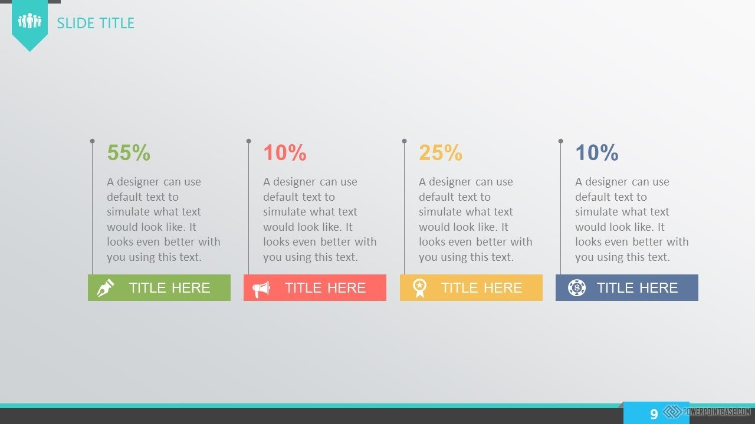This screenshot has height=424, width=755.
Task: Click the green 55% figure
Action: [129, 153]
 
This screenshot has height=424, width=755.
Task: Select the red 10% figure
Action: [285, 153]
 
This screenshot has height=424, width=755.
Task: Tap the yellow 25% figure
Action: [441, 153]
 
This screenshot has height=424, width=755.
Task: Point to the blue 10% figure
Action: [597, 153]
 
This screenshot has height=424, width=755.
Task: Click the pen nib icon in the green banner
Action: [106, 288]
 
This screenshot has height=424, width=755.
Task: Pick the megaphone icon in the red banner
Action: [261, 289]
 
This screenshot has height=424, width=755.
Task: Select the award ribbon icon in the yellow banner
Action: [419, 288]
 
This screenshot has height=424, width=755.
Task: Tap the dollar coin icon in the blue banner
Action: [577, 288]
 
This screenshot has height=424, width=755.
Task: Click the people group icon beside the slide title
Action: [29, 21]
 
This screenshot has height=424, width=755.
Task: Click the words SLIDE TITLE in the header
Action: [96, 23]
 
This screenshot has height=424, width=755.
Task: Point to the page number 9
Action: [654, 414]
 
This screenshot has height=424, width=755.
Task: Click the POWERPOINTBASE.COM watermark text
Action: [717, 412]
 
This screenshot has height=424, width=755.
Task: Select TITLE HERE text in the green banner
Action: [169, 288]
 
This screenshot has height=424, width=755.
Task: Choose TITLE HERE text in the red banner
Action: [325, 288]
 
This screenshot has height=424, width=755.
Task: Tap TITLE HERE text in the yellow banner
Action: [482, 288]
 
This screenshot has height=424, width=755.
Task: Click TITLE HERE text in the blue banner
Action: [638, 288]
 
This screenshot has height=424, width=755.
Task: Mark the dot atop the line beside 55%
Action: [93, 141]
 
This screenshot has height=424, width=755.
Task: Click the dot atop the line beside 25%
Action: [405, 141]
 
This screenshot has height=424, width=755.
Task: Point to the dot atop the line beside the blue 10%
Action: [560, 141]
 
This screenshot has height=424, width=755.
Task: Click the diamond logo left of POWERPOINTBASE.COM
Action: [672, 412]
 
